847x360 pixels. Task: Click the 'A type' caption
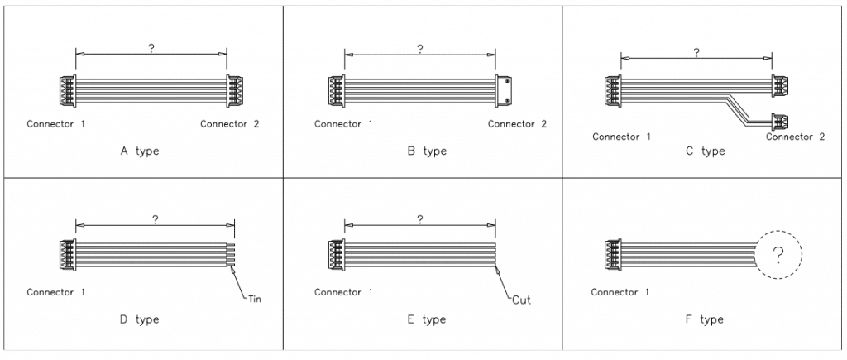click(x=139, y=151)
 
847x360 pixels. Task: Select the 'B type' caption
click(x=427, y=151)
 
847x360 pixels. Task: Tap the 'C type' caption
click(x=706, y=151)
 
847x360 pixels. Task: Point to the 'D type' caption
click(x=139, y=319)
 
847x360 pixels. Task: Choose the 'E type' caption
click(x=427, y=319)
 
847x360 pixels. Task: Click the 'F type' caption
click(x=705, y=319)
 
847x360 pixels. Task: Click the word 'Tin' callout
click(x=255, y=299)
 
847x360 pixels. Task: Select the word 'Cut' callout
click(x=521, y=300)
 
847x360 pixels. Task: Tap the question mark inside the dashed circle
click(x=778, y=255)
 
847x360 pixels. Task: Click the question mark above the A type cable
click(x=151, y=48)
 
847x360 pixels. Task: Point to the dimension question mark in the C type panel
click(x=696, y=52)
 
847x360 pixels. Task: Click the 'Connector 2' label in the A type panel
click(x=230, y=124)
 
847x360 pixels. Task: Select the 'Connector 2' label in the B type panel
click(x=517, y=124)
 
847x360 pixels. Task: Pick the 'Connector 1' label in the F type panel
click(x=620, y=292)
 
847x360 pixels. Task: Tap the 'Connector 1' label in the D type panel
click(x=55, y=292)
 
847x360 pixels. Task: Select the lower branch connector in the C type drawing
click(x=779, y=122)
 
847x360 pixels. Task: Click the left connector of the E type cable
click(x=337, y=255)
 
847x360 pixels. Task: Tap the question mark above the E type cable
click(x=420, y=219)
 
